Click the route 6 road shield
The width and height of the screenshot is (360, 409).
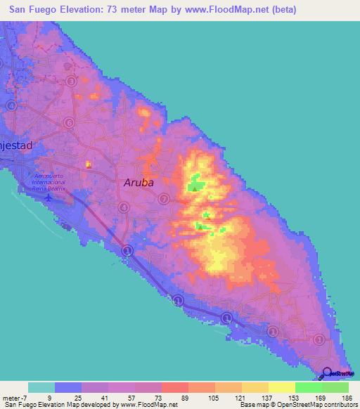[69, 122]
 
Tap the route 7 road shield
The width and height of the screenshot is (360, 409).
[164, 200]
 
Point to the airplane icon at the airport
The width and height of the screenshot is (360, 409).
[48, 196]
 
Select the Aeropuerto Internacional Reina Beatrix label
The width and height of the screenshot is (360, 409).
[49, 181]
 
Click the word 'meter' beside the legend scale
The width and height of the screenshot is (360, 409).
[9, 398]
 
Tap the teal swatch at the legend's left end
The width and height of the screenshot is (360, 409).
[41, 387]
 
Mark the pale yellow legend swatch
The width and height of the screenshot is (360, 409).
[281, 387]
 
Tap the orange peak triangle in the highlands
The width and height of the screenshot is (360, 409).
[207, 216]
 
